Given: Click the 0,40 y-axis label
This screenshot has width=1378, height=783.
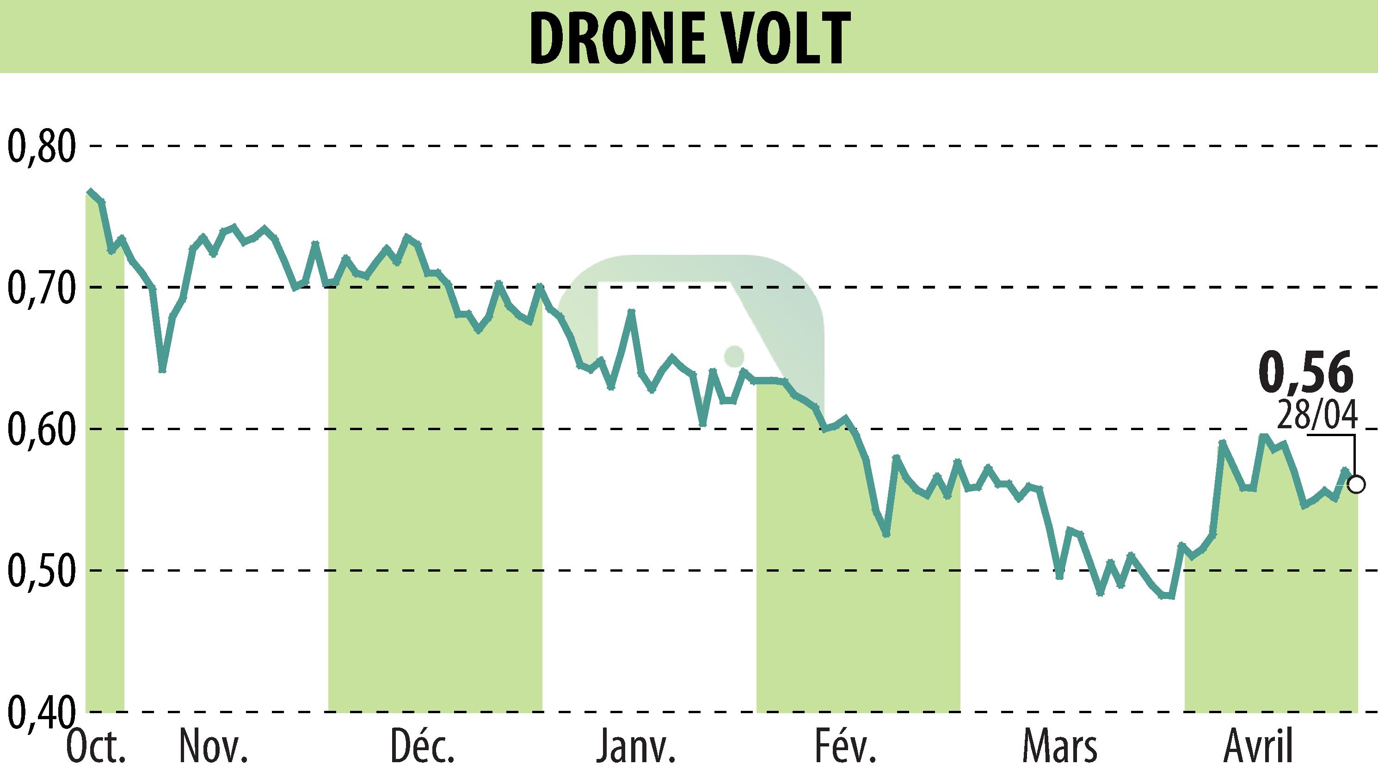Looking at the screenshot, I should pyautogui.click(x=41, y=712).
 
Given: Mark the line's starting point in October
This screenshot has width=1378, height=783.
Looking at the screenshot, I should pyautogui.click(x=90, y=191).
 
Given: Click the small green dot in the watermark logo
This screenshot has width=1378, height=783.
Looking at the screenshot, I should pyautogui.click(x=734, y=356).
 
